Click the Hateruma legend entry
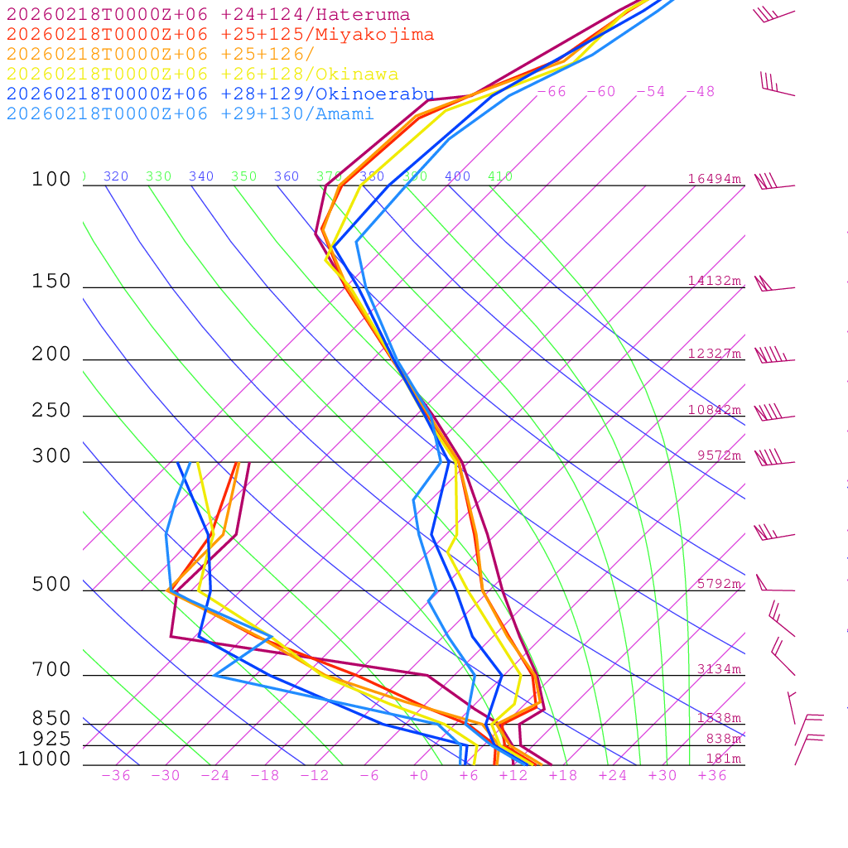click(208, 15)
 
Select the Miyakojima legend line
click(220, 35)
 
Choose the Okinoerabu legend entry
click(220, 94)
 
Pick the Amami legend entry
click(190, 114)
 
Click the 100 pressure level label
click(51, 180)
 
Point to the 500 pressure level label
click(51, 585)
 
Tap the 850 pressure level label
click(51, 719)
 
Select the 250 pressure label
click(51, 411)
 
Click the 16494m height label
click(714, 179)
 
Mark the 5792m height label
click(718, 584)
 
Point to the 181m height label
click(723, 759)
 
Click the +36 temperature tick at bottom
click(712, 776)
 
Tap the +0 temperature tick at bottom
click(419, 776)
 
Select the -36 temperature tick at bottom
click(115, 776)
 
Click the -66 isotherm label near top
click(552, 92)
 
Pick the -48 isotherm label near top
click(700, 92)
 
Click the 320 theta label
click(116, 177)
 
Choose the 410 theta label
click(500, 177)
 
